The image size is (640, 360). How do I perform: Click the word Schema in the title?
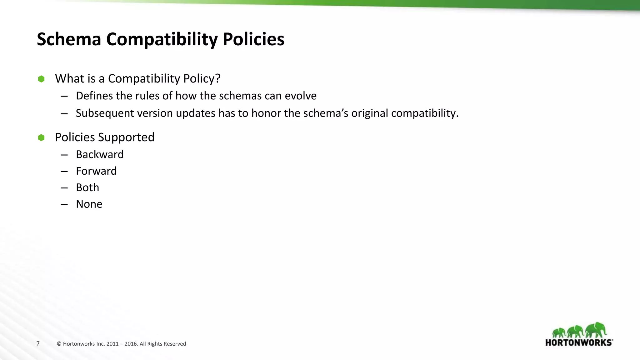click(x=69, y=39)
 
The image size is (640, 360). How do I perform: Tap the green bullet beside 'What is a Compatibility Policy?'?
click(x=41, y=79)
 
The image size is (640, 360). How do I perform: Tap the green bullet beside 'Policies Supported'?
click(x=41, y=137)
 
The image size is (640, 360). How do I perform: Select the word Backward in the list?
click(x=100, y=154)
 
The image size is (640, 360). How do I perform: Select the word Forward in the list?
click(x=96, y=171)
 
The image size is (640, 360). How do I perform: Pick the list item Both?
click(x=87, y=187)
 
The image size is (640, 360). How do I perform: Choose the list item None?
click(x=89, y=204)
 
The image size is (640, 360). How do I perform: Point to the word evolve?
click(x=300, y=96)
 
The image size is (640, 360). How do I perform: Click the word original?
click(x=369, y=113)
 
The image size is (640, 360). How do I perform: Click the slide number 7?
click(x=38, y=343)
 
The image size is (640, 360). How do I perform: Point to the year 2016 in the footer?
click(x=131, y=344)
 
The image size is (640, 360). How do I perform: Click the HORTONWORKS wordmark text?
click(x=579, y=342)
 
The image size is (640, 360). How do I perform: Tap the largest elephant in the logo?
click(x=596, y=330)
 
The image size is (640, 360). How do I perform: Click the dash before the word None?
click(x=64, y=204)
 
